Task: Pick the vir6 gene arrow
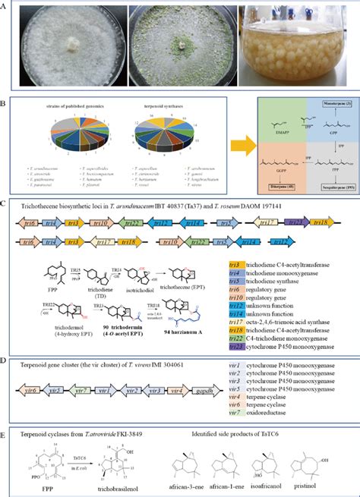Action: tap(27, 374)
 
